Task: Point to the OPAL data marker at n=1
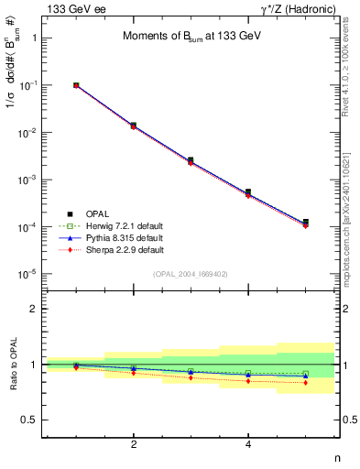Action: point(76,85)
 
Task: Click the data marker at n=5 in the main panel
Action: point(305,223)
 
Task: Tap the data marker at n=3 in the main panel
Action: point(191,160)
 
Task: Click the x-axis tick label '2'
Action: point(134,444)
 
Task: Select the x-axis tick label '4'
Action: point(248,444)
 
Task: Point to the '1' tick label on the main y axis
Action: point(34,38)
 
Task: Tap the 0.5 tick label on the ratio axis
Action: point(29,420)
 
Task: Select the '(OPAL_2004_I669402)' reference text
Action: point(191,273)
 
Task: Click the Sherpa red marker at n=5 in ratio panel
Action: point(305,382)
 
